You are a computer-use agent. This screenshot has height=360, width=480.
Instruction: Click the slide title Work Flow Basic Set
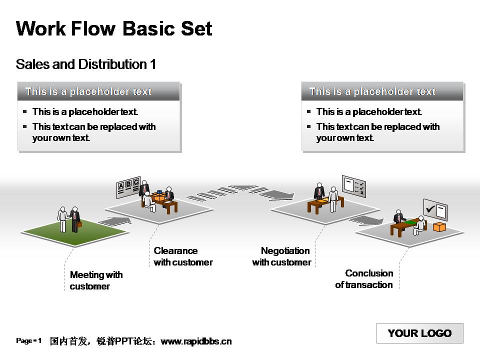[x=114, y=28]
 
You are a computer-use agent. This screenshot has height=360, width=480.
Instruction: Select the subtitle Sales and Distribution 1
[x=86, y=64]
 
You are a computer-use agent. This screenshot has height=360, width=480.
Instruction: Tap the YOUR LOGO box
[x=419, y=333]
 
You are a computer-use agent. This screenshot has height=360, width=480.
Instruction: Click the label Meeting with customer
[x=96, y=280]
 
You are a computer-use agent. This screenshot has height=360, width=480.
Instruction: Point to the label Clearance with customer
[x=183, y=256]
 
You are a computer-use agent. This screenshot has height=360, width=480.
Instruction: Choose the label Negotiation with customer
[x=281, y=256]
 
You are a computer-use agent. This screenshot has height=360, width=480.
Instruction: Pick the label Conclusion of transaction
[x=364, y=279]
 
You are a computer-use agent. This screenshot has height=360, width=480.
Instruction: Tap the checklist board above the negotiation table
[x=354, y=185]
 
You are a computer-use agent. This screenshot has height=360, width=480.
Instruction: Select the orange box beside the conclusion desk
[x=439, y=227]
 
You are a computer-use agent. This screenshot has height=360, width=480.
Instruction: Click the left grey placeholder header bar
[x=98, y=91]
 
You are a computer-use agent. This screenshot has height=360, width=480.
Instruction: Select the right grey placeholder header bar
[x=382, y=91]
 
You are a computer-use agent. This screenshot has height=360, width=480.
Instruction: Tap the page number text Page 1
[x=29, y=341]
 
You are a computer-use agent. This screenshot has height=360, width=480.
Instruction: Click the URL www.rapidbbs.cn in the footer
[x=196, y=341]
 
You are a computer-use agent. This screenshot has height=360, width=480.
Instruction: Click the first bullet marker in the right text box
[x=309, y=111]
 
